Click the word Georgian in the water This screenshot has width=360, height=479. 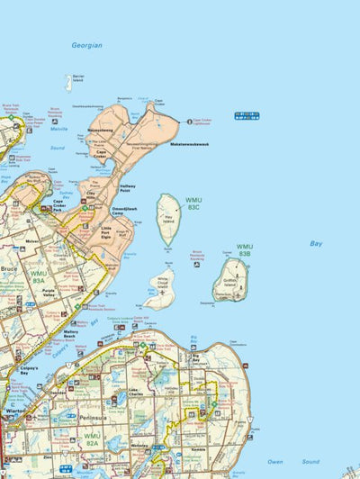(87, 45)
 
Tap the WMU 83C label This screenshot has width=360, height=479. (193, 203)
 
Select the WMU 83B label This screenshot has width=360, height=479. (245, 250)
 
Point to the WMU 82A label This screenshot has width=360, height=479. (92, 438)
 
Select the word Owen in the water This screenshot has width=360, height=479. (275, 462)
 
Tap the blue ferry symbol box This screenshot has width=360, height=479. (246, 115)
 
